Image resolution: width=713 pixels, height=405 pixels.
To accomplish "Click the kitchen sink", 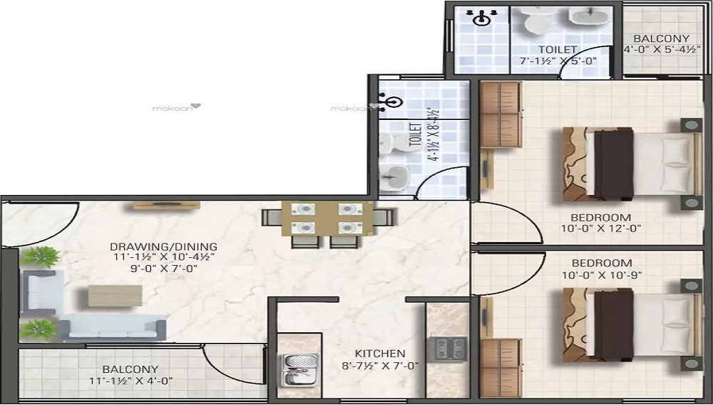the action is click(x=299, y=370).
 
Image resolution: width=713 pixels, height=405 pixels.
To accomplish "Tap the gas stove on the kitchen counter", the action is click(x=448, y=349).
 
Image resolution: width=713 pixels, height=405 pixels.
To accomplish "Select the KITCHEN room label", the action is click(x=380, y=354).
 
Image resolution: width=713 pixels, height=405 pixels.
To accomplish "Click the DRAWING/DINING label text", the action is click(x=164, y=247).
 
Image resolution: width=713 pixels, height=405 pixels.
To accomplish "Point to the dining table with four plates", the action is click(x=327, y=219).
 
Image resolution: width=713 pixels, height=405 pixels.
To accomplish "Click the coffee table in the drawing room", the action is click(x=115, y=296).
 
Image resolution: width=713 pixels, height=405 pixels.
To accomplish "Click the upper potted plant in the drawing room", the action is click(x=41, y=257).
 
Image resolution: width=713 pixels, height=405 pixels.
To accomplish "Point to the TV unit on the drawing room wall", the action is click(x=166, y=206).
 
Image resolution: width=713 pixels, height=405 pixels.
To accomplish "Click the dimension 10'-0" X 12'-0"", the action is click(x=600, y=229).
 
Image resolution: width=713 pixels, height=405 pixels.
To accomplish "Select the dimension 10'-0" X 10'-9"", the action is click(x=602, y=275).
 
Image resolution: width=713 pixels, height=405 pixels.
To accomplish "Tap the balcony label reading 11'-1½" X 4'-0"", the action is click(x=131, y=381).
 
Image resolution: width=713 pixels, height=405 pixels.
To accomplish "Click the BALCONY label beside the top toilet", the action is click(x=661, y=39).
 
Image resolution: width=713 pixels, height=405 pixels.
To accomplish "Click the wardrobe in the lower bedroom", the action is click(x=501, y=368).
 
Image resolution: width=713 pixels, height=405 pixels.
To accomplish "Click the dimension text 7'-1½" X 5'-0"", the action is click(x=558, y=61).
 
